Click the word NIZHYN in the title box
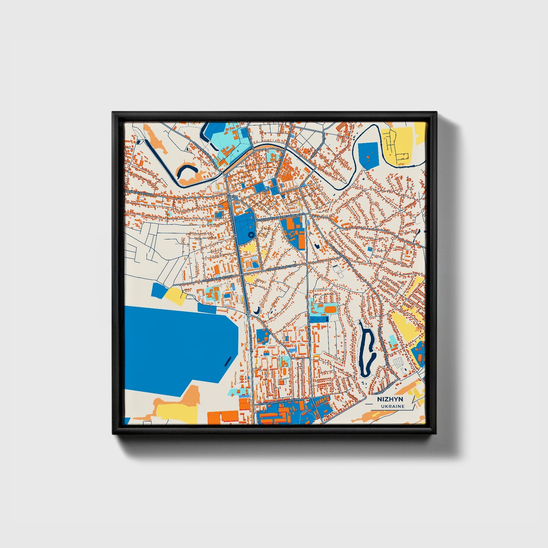coord(390,399)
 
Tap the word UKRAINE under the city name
coord(393,406)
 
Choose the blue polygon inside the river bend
coord(368,155)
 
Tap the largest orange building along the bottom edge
coord(223,417)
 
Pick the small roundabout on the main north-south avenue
coord(248,314)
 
